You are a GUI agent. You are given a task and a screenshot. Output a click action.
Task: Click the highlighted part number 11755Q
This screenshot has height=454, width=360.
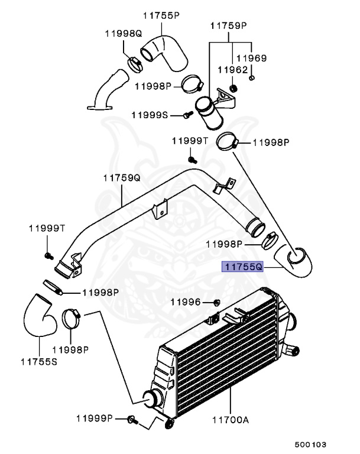[x=242, y=267]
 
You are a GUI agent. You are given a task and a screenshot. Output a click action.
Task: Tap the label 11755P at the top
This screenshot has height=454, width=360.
[x=161, y=15]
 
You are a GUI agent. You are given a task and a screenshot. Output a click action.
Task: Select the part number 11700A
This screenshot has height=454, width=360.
[x=231, y=420]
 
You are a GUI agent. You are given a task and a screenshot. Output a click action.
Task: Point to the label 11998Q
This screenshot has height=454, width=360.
[x=124, y=34]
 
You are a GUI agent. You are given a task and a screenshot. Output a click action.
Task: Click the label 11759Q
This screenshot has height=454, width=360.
[x=122, y=177]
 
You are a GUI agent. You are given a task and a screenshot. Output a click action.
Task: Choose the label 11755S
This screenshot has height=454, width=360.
[x=39, y=362]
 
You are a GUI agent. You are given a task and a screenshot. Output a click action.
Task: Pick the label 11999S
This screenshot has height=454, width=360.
[x=150, y=115]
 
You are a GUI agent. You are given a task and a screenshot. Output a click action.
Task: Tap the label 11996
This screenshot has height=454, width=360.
[x=186, y=302]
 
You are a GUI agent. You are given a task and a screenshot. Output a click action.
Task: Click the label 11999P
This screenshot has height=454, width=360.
[x=94, y=419]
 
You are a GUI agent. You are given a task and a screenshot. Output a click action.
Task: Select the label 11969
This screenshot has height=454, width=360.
[x=251, y=58]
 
